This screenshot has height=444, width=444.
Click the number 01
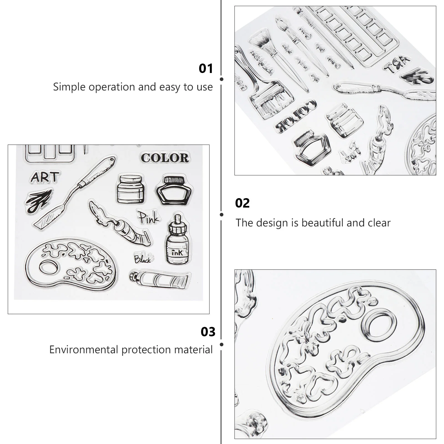206,69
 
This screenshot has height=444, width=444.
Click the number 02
242,203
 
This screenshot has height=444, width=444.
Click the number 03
208,332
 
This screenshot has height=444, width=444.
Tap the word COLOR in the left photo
165,158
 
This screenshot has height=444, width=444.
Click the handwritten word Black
142,259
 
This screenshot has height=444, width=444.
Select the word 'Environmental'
83,350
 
